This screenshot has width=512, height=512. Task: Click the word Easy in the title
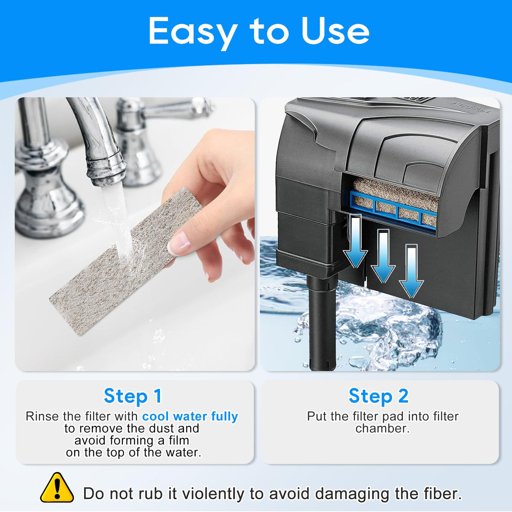193,33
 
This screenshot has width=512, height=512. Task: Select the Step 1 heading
133,396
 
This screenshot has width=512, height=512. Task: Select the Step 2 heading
378,396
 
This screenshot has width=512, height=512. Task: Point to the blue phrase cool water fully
190,416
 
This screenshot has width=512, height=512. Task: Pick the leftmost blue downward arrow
355,241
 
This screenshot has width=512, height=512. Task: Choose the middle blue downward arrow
383,256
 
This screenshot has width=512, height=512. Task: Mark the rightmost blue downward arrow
411,271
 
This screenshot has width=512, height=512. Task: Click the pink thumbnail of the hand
178,243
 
